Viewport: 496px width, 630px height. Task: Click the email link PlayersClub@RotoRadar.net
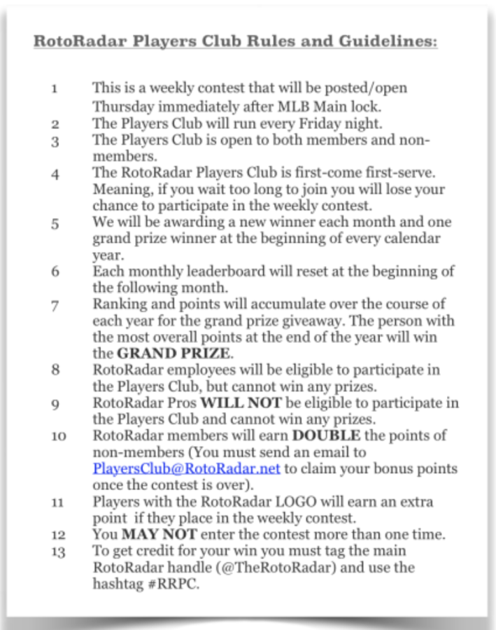point(187,468)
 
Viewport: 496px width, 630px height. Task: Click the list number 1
point(54,90)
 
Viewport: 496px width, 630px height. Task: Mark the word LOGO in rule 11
point(288,503)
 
